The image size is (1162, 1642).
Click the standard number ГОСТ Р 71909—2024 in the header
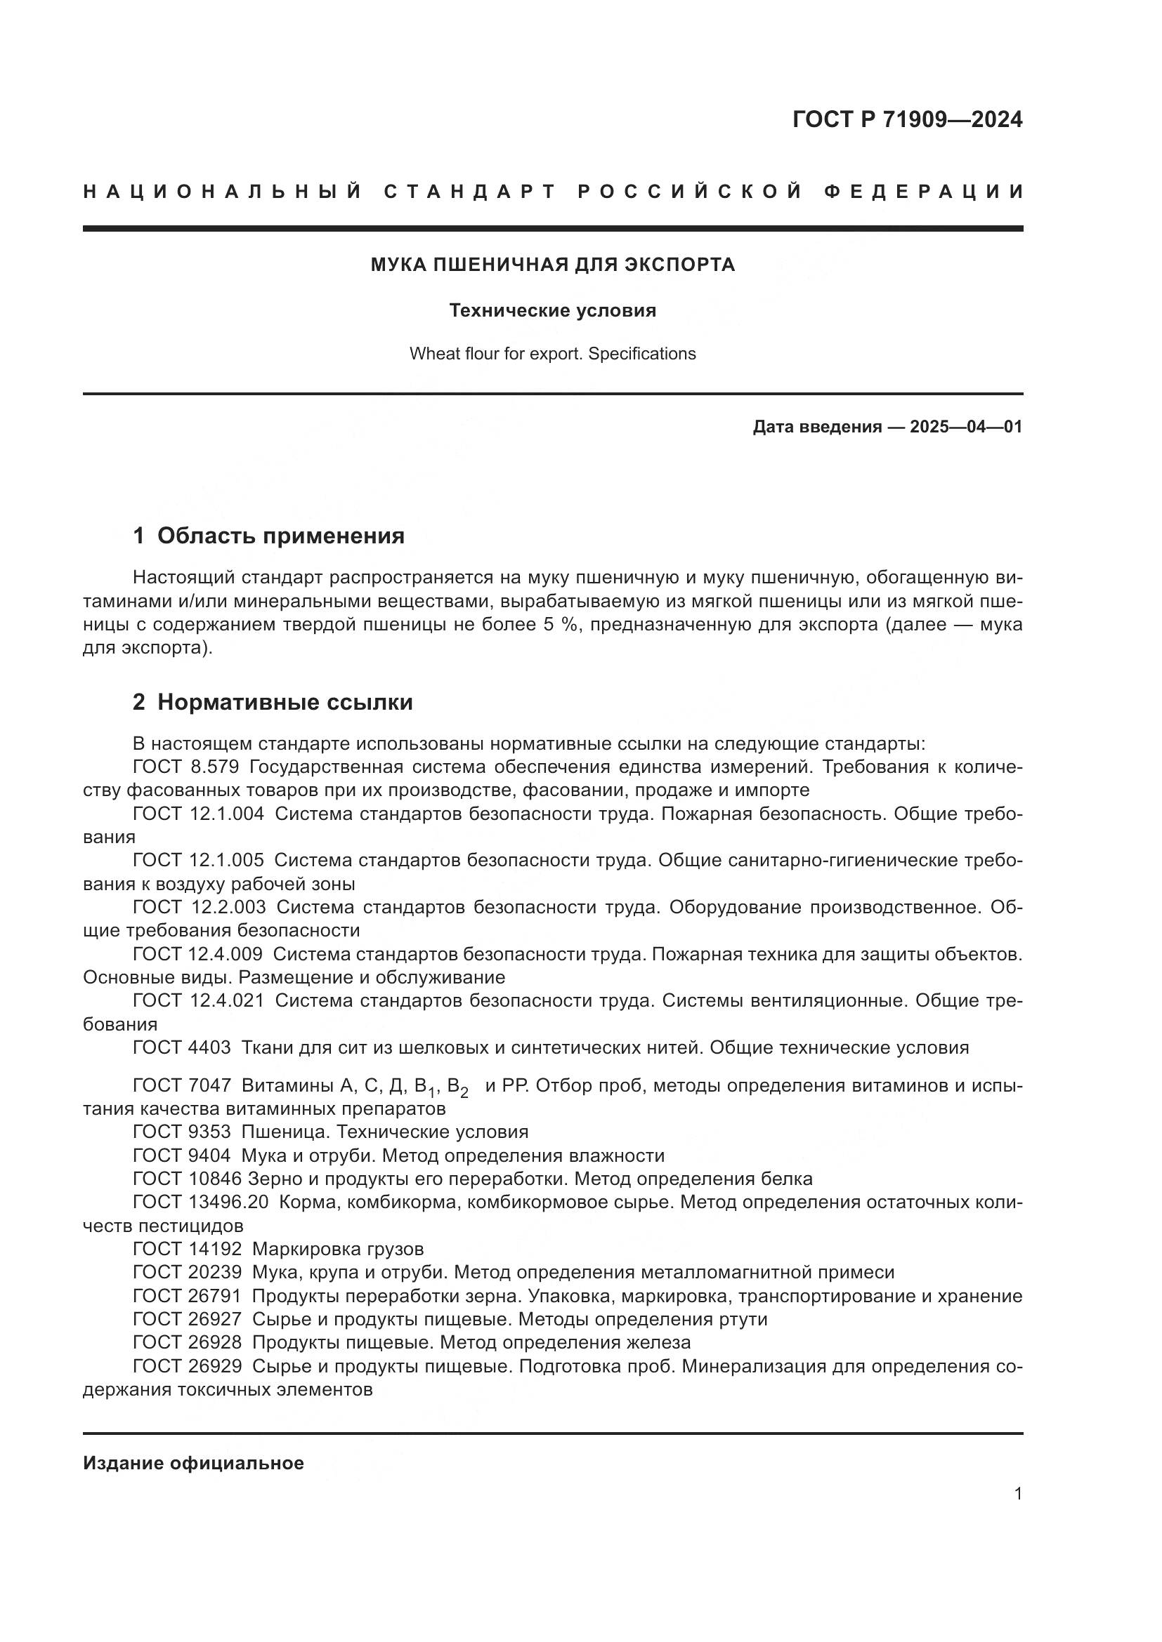pos(906,119)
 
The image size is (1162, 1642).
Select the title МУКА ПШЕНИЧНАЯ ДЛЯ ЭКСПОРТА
pos(552,265)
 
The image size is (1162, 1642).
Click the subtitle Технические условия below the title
pos(552,310)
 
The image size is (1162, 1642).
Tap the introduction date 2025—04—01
pos(965,428)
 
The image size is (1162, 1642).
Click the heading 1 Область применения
pos(268,536)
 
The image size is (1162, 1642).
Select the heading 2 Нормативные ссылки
pos(273,702)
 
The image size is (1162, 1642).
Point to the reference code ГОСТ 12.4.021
pos(198,1000)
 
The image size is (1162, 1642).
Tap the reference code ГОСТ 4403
pos(182,1047)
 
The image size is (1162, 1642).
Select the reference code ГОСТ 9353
pos(182,1132)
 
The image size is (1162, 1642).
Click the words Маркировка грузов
pos(338,1250)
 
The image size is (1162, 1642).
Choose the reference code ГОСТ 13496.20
pos(200,1202)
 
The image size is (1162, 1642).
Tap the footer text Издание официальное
pos(193,1463)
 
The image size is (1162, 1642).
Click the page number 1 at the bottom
pos(1017,1494)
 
